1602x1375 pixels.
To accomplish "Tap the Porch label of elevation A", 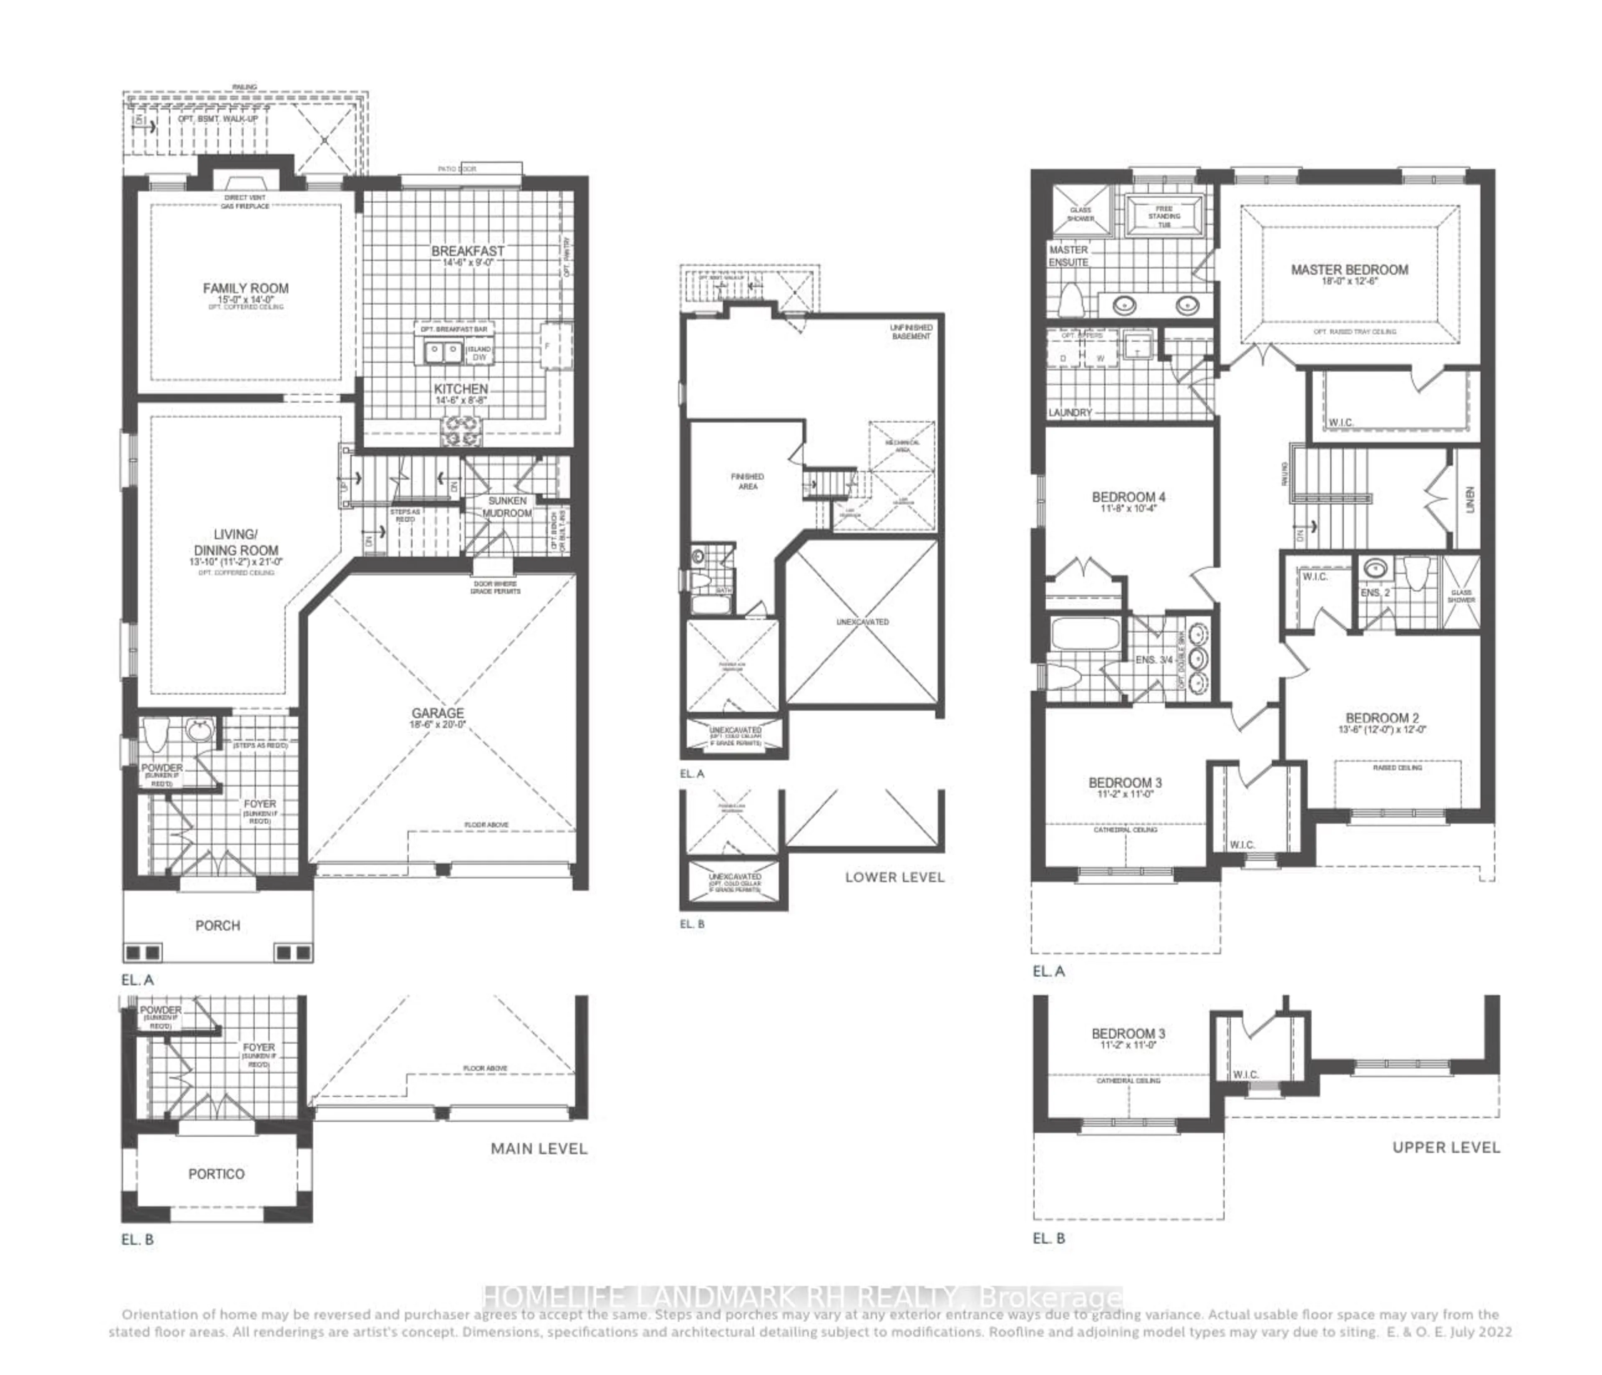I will (x=218, y=926).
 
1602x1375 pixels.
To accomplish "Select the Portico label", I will (x=217, y=1174).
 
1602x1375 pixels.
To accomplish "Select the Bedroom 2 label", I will (x=1382, y=718).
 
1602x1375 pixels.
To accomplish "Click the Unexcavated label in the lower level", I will (x=862, y=622).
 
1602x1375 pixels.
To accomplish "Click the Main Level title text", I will (x=539, y=1149).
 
